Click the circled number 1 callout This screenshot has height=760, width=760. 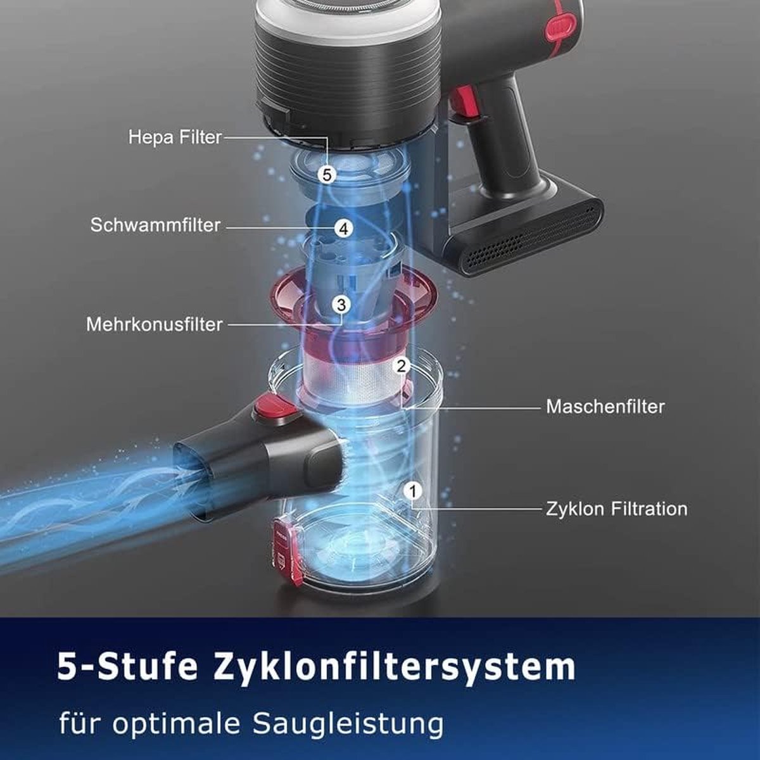[x=413, y=491]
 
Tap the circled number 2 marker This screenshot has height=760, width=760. [x=401, y=367]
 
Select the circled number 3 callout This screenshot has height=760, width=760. [x=341, y=305]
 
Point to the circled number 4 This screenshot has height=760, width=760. [x=343, y=229]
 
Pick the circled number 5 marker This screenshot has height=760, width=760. [x=327, y=174]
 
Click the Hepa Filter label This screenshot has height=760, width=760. [x=175, y=137]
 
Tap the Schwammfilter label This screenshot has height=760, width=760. [x=155, y=225]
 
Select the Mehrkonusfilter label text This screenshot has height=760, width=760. [x=155, y=325]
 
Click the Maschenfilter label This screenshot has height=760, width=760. [x=605, y=407]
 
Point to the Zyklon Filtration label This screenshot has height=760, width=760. [x=617, y=509]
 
